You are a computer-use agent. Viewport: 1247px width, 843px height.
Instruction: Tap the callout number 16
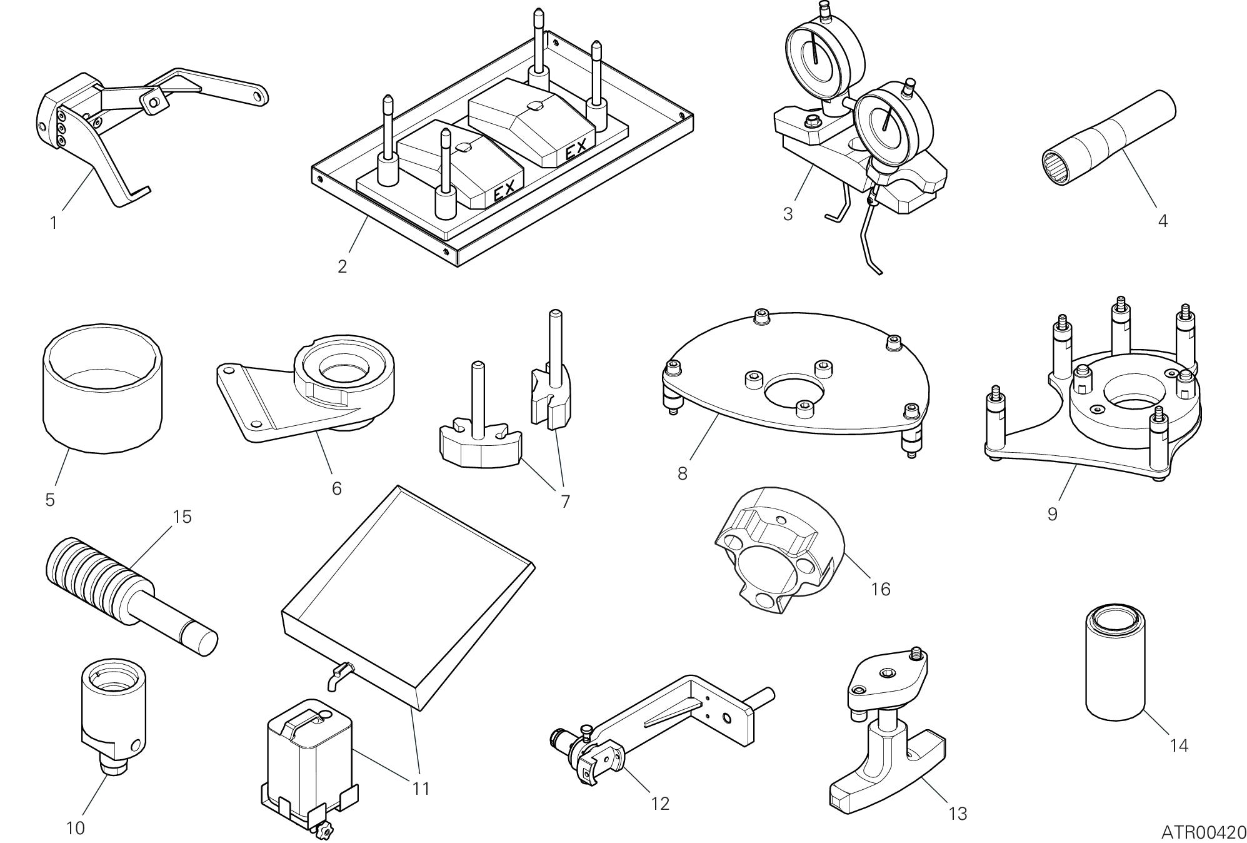point(880,589)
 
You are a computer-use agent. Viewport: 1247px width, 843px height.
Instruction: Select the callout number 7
point(565,501)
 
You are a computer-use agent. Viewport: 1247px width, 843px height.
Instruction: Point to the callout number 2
point(342,266)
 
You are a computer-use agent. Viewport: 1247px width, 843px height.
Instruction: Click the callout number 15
point(183,517)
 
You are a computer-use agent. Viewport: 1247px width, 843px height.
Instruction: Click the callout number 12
point(660,804)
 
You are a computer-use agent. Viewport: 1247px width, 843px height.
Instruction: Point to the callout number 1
point(54,223)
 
